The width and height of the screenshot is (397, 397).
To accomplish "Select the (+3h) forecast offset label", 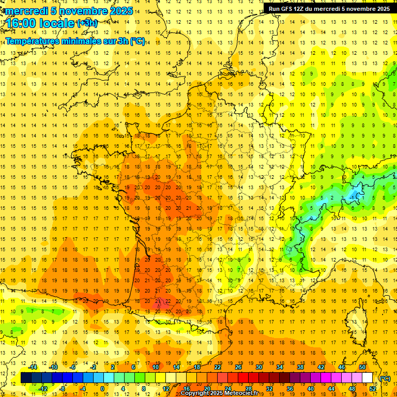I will pyautogui.click(x=86, y=23).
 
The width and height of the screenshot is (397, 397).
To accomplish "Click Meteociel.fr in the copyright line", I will pyautogui.click(x=243, y=393).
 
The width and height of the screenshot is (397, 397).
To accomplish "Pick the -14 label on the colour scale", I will pyautogui.click(x=34, y=367).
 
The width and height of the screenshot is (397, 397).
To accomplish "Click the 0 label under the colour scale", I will pyautogui.click(x=102, y=389).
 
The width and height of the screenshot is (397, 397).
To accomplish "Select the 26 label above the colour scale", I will pyautogui.click(x=238, y=367).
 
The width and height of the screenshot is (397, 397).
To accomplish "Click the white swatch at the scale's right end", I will pyautogui.click(x=368, y=378).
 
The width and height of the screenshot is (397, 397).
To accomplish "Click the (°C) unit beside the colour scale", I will pyautogui.click(x=385, y=378).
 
